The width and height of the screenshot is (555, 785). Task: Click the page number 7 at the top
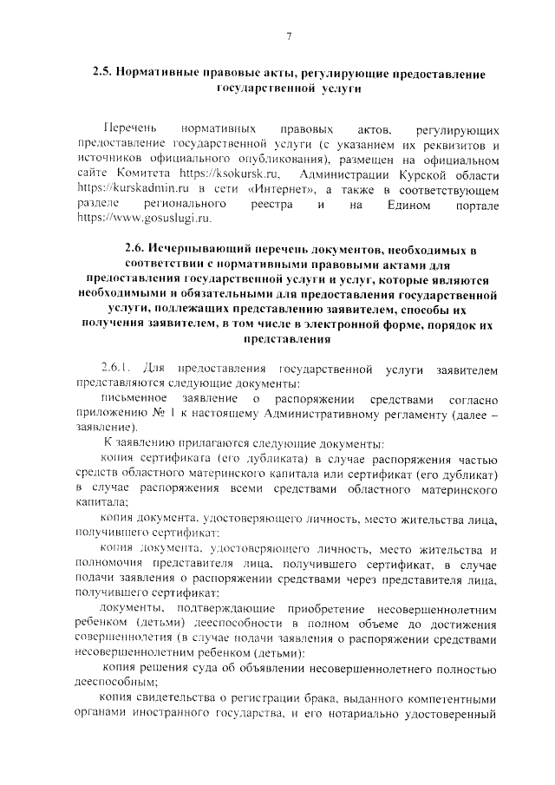click(289, 37)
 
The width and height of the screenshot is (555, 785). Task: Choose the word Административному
click(329, 414)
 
